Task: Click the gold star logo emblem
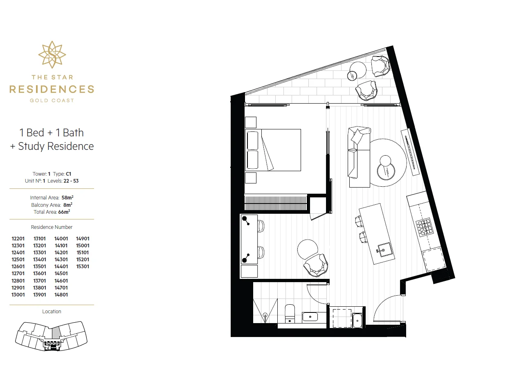click(x=52, y=55)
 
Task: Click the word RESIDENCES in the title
click(x=52, y=89)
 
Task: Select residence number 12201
click(x=18, y=239)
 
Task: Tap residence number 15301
click(x=83, y=267)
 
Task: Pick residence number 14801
click(x=61, y=295)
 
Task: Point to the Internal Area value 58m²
click(x=67, y=197)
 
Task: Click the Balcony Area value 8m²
click(x=68, y=205)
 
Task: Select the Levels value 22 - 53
click(x=71, y=181)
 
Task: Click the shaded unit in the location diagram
click(x=56, y=333)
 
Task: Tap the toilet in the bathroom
click(x=290, y=314)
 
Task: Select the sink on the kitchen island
click(x=384, y=250)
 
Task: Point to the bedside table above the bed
click(x=251, y=122)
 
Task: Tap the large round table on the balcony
click(x=358, y=70)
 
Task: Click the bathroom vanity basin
click(x=310, y=317)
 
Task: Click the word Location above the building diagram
click(x=52, y=312)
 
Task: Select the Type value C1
click(x=68, y=174)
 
